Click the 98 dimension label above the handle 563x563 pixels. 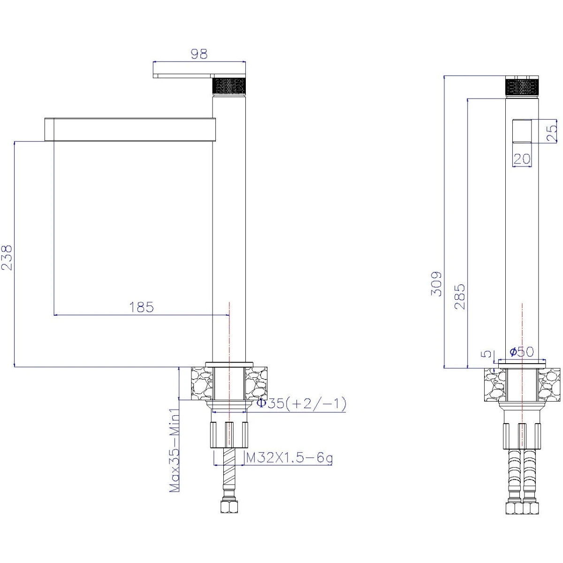coord(199,54)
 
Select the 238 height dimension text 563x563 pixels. coord(7,258)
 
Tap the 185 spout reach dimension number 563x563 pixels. coord(141,307)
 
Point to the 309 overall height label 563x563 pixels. coord(436,284)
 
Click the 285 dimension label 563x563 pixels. coord(460,296)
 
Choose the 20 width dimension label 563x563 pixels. coord(522,159)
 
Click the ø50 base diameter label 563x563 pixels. coord(522,351)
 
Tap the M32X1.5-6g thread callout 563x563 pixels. coord(289,458)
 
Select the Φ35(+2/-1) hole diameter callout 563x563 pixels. coord(301,403)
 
